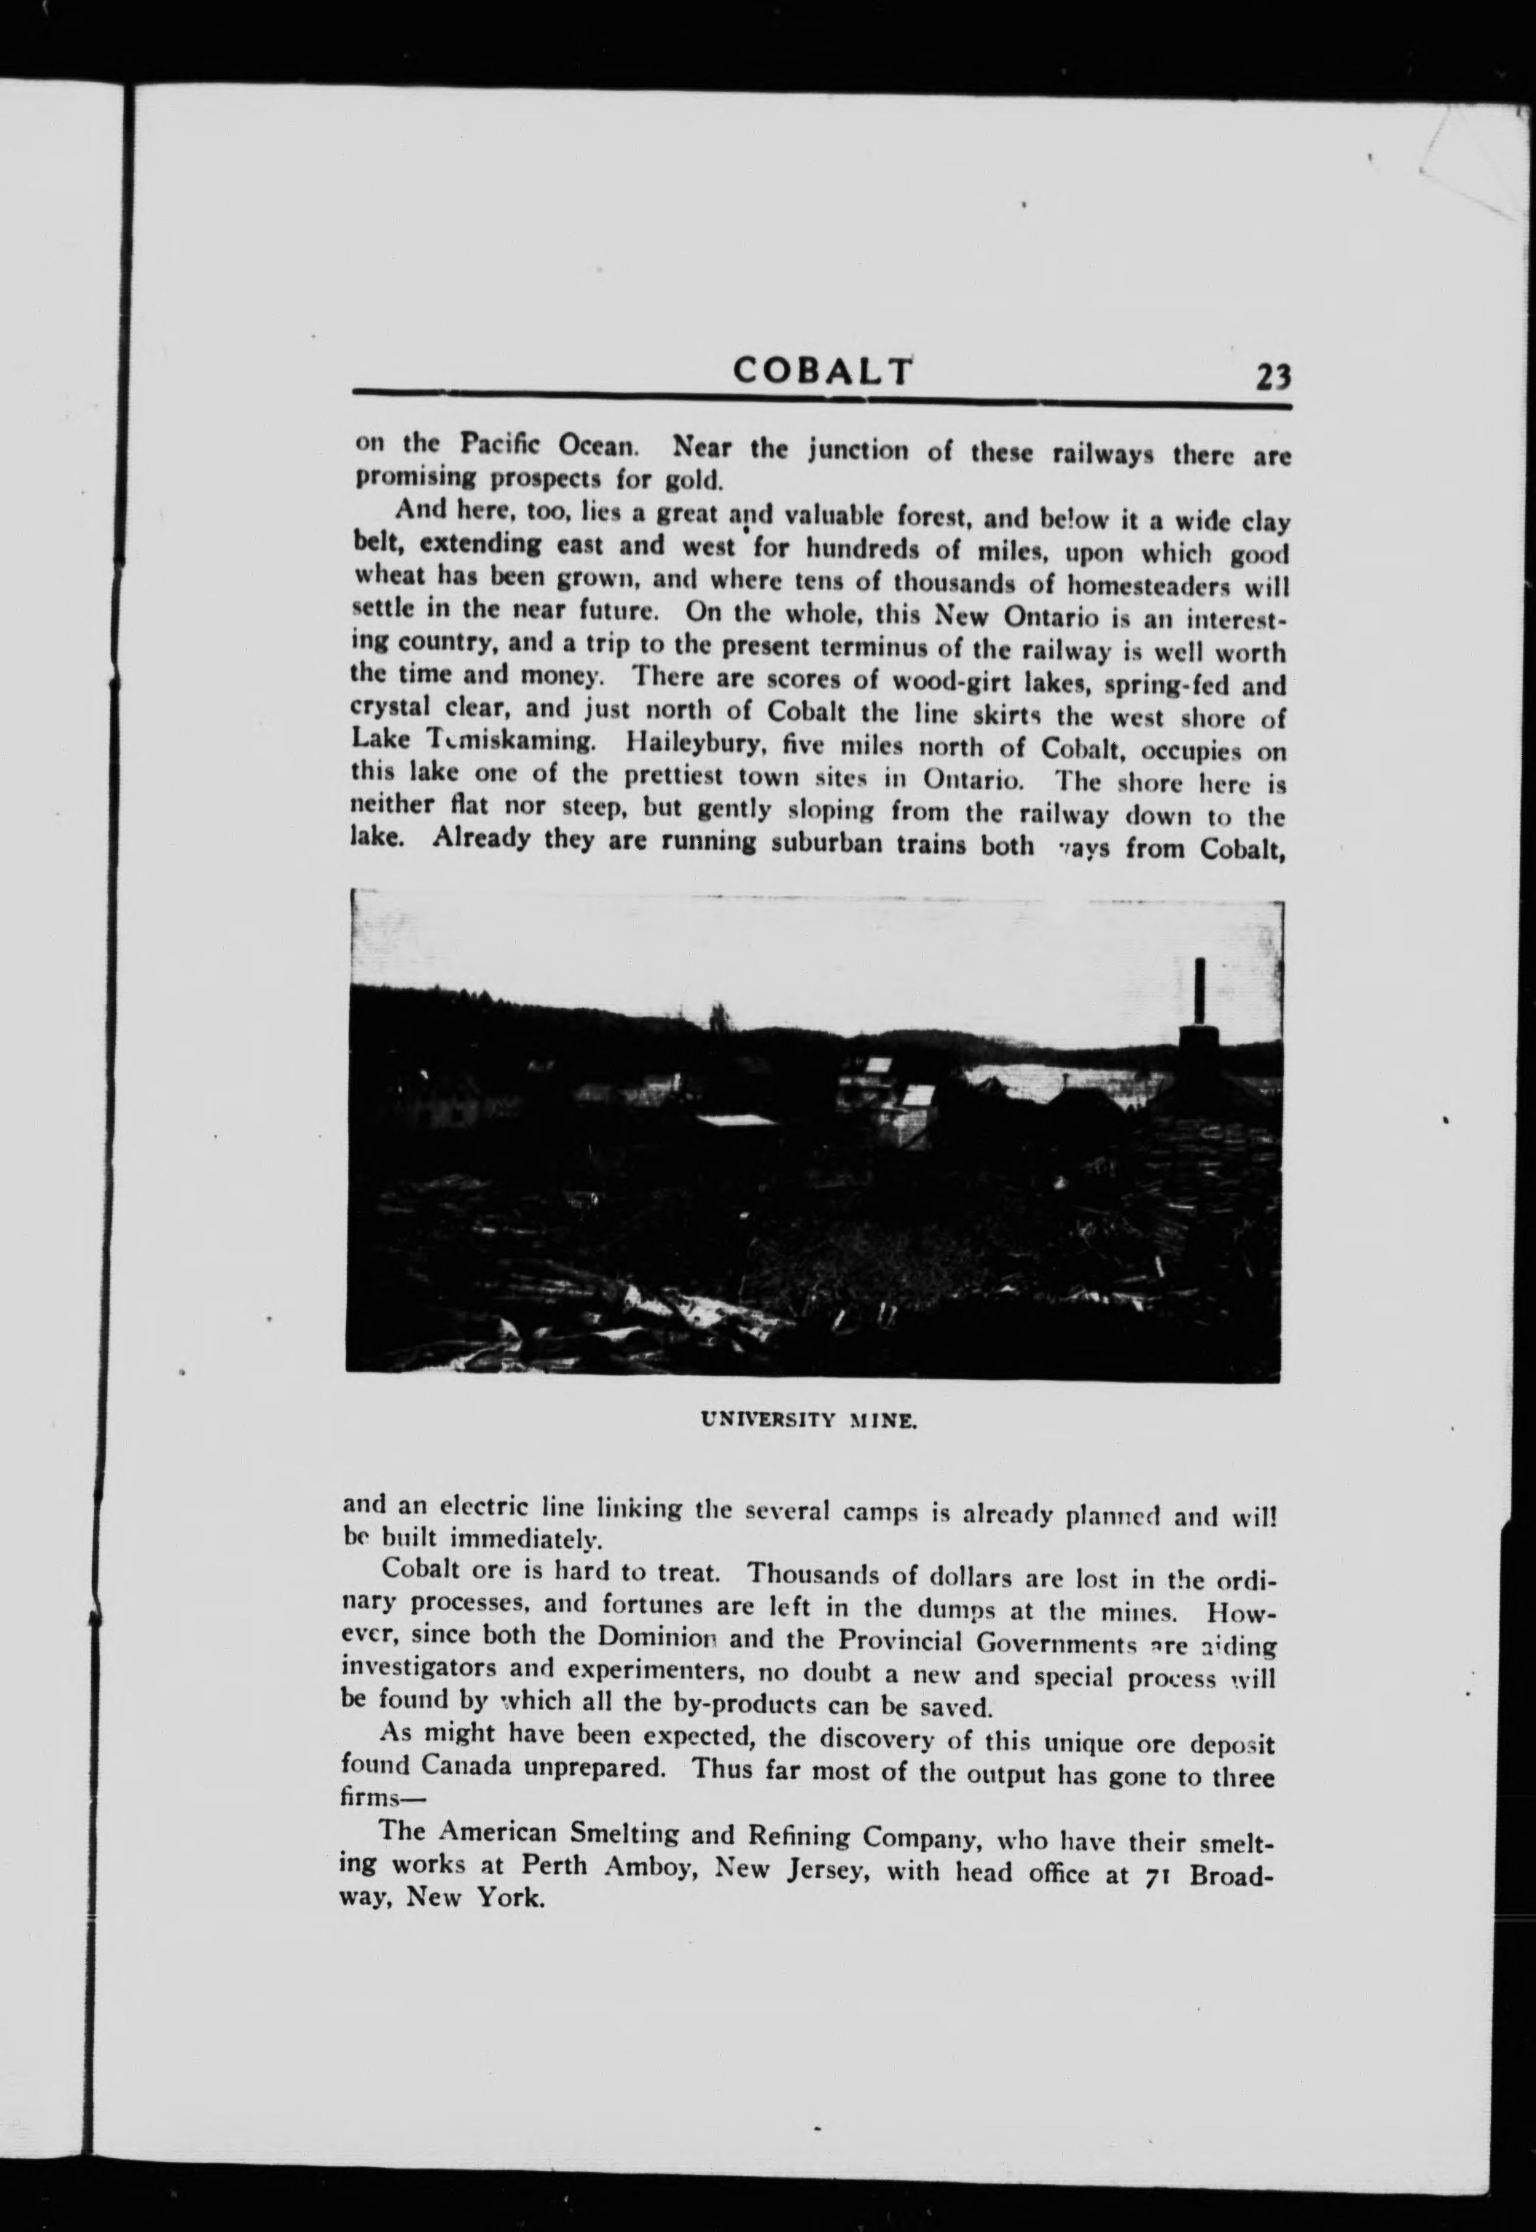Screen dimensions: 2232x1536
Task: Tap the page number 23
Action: click(1271, 376)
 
